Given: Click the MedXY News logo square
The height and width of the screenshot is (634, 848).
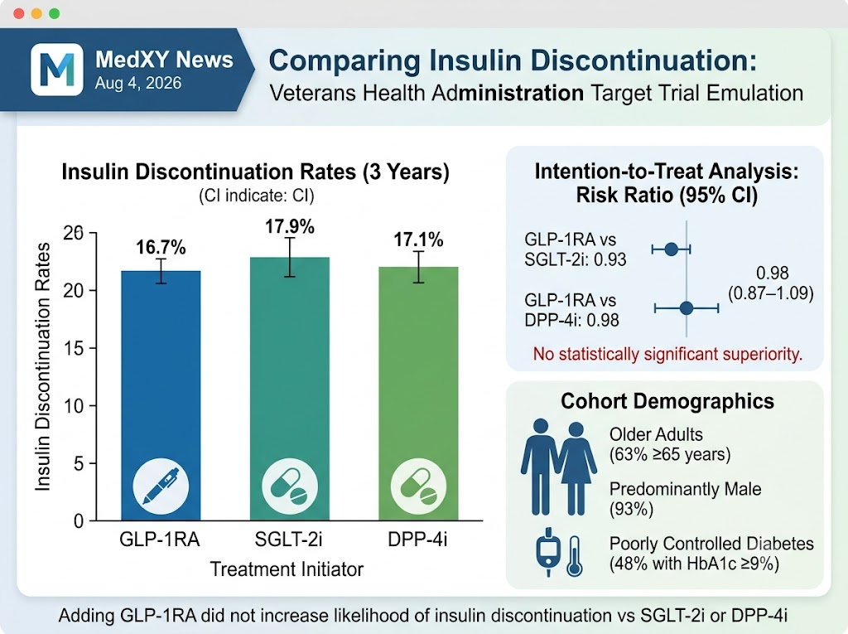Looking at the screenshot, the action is tap(57, 70).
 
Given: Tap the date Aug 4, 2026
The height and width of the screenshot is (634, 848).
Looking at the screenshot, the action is tap(138, 83).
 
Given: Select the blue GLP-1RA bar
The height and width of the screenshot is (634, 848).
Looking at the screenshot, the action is tap(161, 396).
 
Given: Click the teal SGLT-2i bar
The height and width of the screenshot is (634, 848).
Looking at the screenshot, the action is tap(289, 389).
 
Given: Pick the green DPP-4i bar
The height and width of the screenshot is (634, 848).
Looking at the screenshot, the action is tap(418, 394).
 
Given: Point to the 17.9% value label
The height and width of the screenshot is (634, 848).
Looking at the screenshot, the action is tap(289, 226).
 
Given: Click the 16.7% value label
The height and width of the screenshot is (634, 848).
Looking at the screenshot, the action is tap(161, 248).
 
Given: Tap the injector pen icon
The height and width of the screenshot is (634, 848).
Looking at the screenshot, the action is tap(161, 486).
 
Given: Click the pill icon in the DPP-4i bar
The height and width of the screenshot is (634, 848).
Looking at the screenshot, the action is tap(418, 486).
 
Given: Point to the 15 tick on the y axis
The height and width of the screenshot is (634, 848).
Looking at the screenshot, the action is tap(74, 348).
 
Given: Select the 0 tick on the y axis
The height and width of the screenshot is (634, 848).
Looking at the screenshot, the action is tap(79, 521).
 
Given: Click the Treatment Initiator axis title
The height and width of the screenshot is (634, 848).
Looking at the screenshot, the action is tap(287, 569).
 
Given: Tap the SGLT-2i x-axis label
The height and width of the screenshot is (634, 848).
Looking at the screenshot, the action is tap(288, 540).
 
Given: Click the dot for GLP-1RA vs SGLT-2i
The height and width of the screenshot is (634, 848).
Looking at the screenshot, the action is tap(671, 249).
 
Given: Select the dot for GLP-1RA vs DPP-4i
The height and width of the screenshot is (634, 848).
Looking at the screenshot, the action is tap(687, 308).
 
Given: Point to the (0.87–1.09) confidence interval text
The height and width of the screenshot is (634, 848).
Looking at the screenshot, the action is tap(771, 293).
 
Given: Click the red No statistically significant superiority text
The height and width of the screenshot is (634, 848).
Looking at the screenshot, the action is tap(667, 354).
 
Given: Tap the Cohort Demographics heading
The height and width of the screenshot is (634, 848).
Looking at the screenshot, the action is tap(667, 401).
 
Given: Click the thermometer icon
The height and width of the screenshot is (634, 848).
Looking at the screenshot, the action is tap(575, 556).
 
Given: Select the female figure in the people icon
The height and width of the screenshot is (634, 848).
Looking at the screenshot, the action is tap(576, 467).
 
